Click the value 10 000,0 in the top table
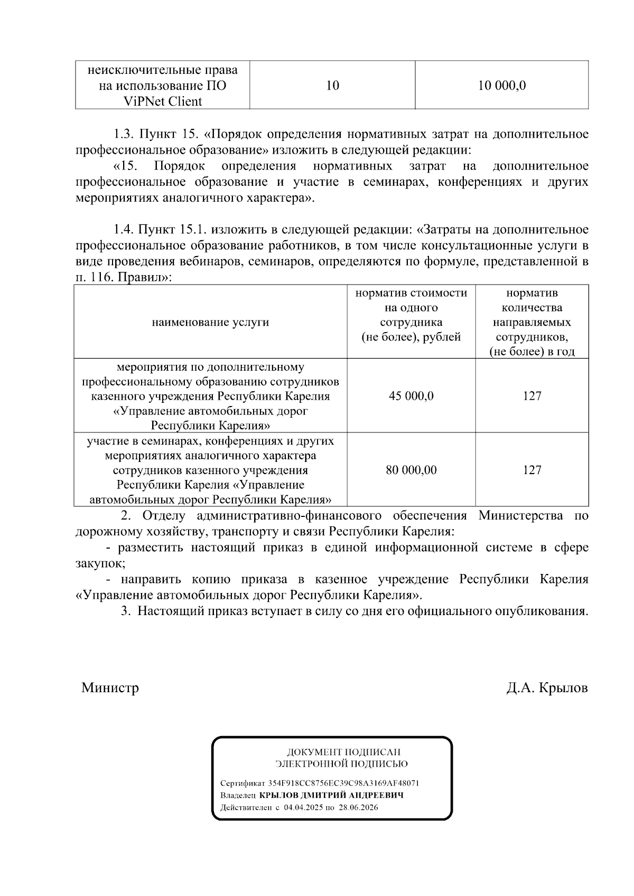501,86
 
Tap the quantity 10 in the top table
332,86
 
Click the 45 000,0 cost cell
411,396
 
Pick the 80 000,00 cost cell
411,470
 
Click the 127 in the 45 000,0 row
532,396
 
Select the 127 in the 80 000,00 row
532,470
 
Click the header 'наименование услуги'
210,322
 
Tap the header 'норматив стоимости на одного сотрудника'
411,315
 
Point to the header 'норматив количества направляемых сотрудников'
532,322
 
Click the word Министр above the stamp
110,688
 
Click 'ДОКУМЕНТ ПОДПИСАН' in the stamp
343,752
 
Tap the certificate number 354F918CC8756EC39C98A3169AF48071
343,783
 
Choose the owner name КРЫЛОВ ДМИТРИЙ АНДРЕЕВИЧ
331,795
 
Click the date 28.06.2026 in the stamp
359,807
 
